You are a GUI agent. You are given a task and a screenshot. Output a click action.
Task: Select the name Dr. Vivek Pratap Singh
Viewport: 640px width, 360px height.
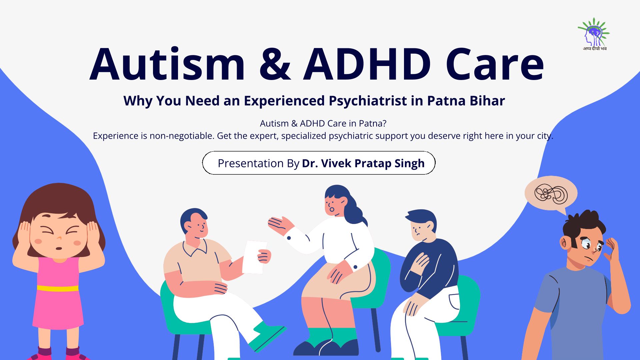(x=363, y=163)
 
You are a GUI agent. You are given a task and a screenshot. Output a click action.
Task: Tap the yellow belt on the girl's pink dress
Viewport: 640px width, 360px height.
(x=58, y=288)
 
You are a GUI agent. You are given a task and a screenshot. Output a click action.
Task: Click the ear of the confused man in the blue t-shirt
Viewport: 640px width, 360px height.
(x=565, y=243)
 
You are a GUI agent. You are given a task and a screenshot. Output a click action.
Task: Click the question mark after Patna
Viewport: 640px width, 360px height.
(x=384, y=123)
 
